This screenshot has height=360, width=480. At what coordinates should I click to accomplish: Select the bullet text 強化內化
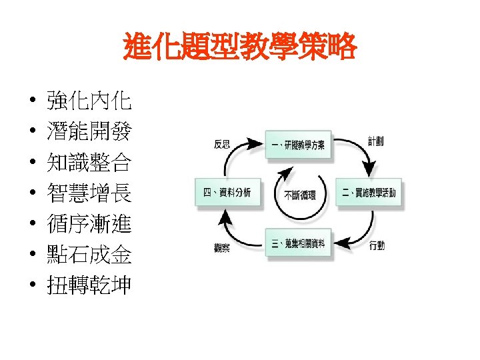tap(89, 102)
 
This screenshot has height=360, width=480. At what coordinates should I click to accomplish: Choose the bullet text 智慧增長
tap(89, 194)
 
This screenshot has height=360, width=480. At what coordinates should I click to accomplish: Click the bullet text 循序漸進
tap(89, 225)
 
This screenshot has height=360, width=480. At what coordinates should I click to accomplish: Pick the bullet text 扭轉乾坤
tap(89, 286)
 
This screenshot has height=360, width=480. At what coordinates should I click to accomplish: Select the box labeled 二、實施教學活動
tap(369, 193)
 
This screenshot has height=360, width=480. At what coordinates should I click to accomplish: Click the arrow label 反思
tap(223, 143)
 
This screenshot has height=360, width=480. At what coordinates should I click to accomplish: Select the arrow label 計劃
tap(375, 141)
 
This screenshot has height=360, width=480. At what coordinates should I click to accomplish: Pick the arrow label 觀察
tap(222, 248)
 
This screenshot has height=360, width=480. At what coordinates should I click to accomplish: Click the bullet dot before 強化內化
tap(32, 103)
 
